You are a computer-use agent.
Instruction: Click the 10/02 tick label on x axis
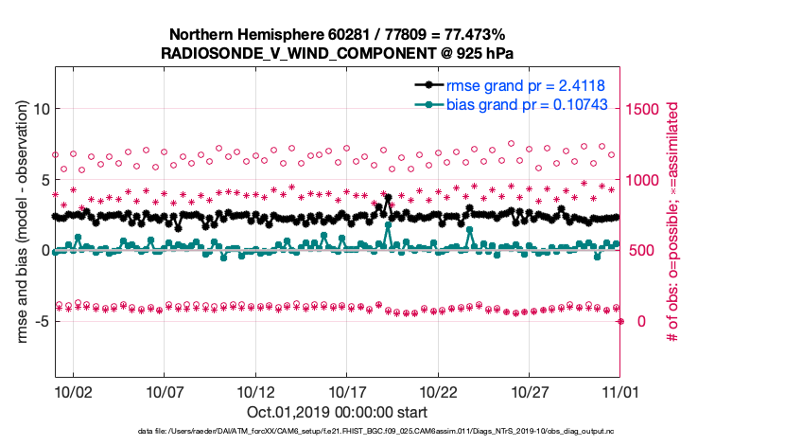[x=73, y=390]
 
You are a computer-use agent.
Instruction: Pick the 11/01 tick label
[x=619, y=390]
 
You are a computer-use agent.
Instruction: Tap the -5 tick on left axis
[x=41, y=321]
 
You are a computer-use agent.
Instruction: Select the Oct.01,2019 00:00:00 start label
[x=338, y=412]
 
